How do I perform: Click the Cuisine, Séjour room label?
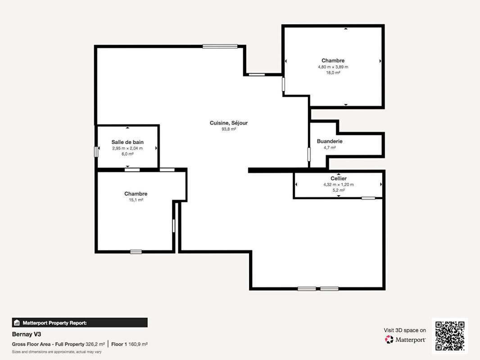pyautogui.click(x=228, y=123)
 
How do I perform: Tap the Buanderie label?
pyautogui.click(x=330, y=141)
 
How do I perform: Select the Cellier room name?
pyautogui.click(x=339, y=179)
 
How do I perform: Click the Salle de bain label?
pyautogui.click(x=127, y=142)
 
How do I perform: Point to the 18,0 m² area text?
pyautogui.click(x=333, y=72)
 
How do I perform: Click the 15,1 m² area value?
pyautogui.click(x=136, y=200)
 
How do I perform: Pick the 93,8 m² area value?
pyautogui.click(x=228, y=129)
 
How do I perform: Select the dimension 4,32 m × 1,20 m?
pyautogui.click(x=339, y=184)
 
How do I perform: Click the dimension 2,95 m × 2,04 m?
pyautogui.click(x=127, y=148)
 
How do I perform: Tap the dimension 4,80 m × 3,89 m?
pyautogui.click(x=333, y=67)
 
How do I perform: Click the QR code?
pyautogui.click(x=450, y=336)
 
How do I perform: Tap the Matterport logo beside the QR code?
pyautogui.click(x=405, y=339)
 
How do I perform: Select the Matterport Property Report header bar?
pyautogui.click(x=80, y=323)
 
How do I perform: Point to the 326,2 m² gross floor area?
pyautogui.click(x=95, y=344)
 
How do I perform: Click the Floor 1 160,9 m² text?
pyautogui.click(x=130, y=344)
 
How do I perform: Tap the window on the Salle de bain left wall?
pyautogui.click(x=96, y=152)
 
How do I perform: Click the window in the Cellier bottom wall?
pyautogui.click(x=368, y=198)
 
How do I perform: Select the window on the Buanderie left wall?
pyautogui.click(x=309, y=154)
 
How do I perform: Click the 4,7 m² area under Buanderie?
pyautogui.click(x=330, y=147)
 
